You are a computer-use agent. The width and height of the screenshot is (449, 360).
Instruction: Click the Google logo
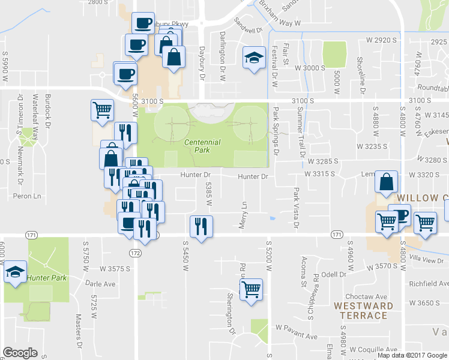tap(20, 353)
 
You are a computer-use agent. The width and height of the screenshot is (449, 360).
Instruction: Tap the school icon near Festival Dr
tap(254, 58)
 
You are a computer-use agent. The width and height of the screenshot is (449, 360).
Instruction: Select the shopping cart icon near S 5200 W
tap(251, 289)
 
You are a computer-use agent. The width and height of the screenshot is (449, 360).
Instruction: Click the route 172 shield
tap(135, 253)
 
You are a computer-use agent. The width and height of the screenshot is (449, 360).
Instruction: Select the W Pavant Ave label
tap(296, 328)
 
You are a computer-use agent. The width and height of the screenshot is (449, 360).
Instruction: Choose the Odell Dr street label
tap(334, 274)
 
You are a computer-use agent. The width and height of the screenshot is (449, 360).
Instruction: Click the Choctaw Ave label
tap(369, 296)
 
